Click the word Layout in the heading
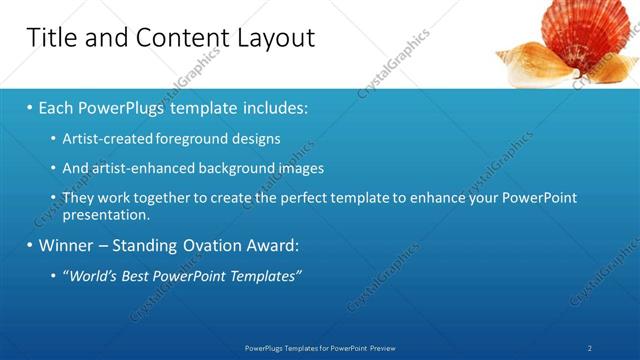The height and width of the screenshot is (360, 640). (x=275, y=38)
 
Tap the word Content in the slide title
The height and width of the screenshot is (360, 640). (x=177, y=38)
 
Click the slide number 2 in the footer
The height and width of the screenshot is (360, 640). (x=590, y=347)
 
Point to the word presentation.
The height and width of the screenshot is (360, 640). (x=105, y=214)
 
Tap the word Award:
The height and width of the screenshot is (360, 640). (x=279, y=245)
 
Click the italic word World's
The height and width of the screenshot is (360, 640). (x=91, y=275)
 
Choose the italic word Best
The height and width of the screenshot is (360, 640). (x=140, y=275)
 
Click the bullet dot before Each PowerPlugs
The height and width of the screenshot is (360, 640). (x=30, y=107)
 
